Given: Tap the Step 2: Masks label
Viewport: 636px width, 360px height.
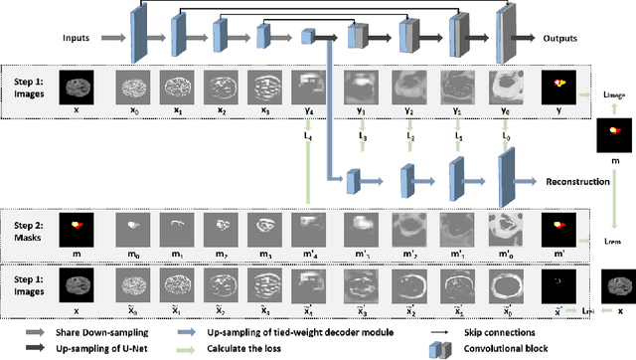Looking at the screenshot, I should (31, 225).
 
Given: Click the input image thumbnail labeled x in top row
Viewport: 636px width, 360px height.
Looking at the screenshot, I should (77, 86).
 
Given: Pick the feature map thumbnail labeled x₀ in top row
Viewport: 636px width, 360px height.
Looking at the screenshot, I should (131, 86).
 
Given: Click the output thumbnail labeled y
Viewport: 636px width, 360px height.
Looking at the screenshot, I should (557, 86).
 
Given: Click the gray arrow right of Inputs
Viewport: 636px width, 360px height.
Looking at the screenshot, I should (111, 40).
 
